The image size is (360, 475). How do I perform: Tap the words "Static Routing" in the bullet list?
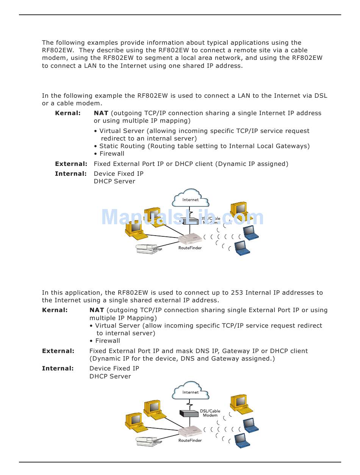(x=122, y=146)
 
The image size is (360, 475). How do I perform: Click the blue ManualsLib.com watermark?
(x=183, y=217)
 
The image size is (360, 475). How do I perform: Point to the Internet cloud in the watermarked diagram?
(x=190, y=198)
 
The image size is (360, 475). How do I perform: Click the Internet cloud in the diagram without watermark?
(x=190, y=391)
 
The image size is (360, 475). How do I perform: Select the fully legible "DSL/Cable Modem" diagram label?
(x=210, y=413)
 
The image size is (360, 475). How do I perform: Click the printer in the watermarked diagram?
(x=149, y=248)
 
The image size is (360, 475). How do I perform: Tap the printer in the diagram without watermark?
(x=149, y=441)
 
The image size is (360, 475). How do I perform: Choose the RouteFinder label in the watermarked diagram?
(x=190, y=248)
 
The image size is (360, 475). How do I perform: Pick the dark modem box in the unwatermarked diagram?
(x=189, y=413)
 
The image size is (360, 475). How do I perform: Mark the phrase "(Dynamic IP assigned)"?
(x=252, y=164)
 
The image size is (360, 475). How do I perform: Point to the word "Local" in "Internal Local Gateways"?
(x=265, y=146)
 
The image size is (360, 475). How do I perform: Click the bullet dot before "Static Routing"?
(x=95, y=147)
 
